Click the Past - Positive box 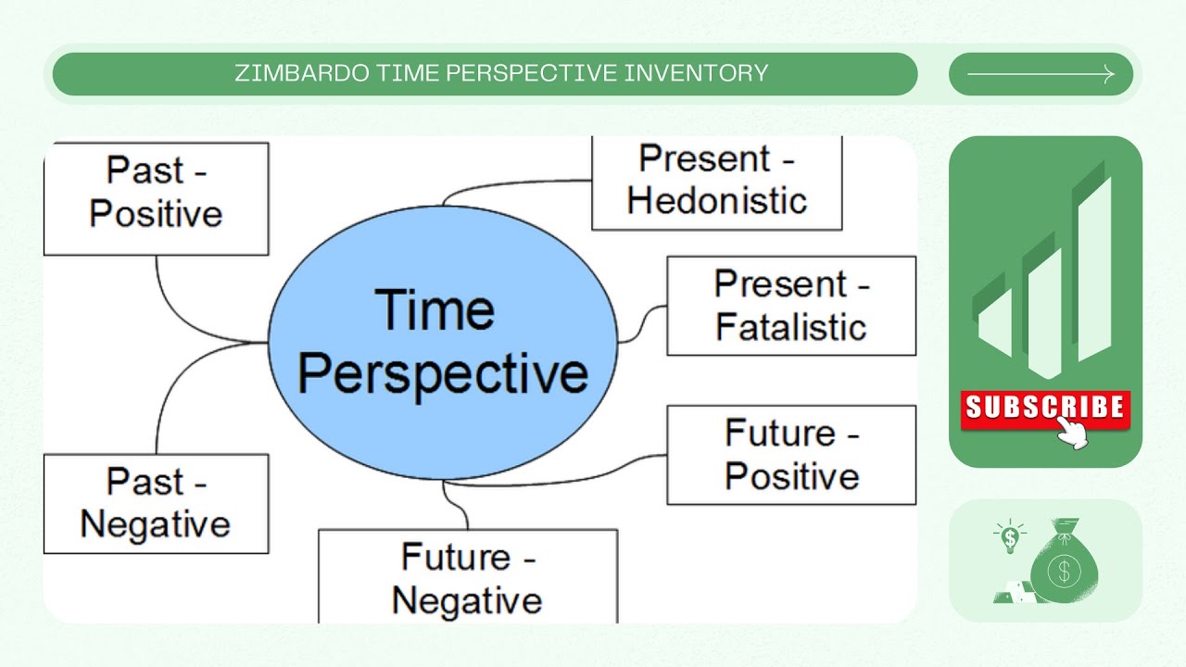[x=156, y=197]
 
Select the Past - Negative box [x=156, y=503]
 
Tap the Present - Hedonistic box [x=716, y=182]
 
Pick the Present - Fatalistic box [x=791, y=306]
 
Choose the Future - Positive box [x=791, y=455]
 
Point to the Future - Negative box [x=467, y=576]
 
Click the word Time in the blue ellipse [x=434, y=309]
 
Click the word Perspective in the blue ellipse [x=443, y=372]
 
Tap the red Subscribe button [x=1044, y=408]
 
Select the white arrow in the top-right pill [x=1041, y=75]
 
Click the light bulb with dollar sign [x=1009, y=536]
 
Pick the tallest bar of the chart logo [x=1094, y=269]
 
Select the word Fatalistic [x=791, y=327]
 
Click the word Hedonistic [x=716, y=201]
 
